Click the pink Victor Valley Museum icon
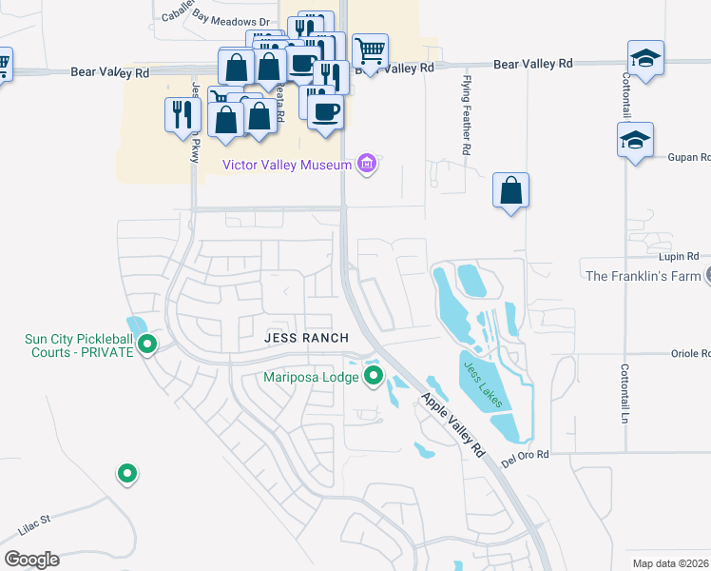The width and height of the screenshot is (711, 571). point(367,165)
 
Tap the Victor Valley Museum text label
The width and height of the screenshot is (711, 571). point(286,165)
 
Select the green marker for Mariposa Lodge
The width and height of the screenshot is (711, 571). point(373,377)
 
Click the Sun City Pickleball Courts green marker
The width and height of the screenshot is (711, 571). point(147,344)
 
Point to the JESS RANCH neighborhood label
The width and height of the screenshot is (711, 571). point(306,338)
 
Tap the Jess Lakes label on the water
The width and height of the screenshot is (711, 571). point(482,384)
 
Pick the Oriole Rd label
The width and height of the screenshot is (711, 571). point(690,353)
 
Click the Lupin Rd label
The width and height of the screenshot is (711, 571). point(679,257)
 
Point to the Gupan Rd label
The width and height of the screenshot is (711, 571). point(690,157)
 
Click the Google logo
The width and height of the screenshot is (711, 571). point(31,560)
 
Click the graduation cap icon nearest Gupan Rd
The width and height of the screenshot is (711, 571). point(636,141)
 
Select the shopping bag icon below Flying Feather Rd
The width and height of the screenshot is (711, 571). point(511,190)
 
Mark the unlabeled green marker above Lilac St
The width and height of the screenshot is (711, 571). point(125,472)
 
